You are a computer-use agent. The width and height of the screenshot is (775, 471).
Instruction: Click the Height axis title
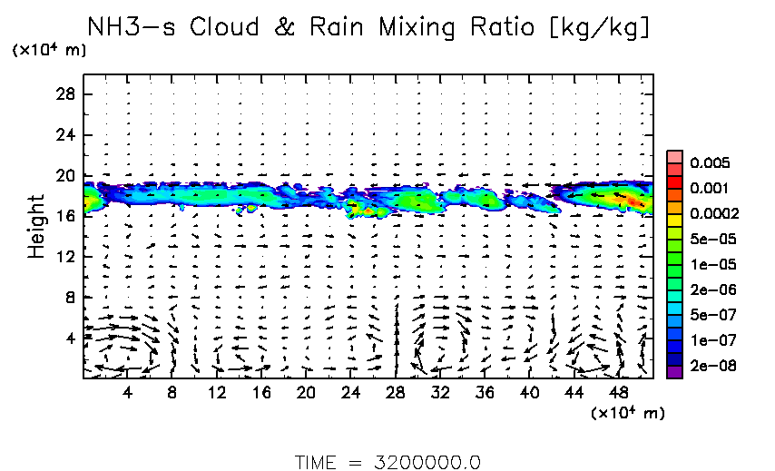36,226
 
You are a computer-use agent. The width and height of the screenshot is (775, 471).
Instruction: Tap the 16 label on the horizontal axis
261,393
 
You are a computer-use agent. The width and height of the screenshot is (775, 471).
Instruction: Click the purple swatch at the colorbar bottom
674,370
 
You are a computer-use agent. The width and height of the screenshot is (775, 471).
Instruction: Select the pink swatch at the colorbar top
674,157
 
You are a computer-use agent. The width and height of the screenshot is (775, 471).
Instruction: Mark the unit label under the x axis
627,413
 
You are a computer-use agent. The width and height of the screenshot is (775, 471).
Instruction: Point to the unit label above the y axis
49,51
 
